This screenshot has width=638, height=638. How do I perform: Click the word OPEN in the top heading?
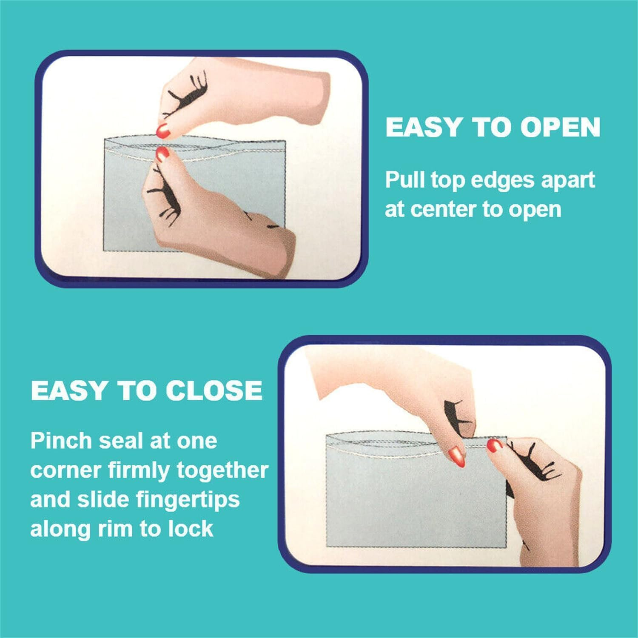point(560,127)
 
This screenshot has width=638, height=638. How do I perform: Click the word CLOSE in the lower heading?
point(214,390)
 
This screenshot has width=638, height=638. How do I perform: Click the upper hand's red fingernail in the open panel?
point(163,131)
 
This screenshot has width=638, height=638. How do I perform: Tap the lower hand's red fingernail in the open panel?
point(162,154)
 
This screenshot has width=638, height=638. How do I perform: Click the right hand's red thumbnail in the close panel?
point(495,445)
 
